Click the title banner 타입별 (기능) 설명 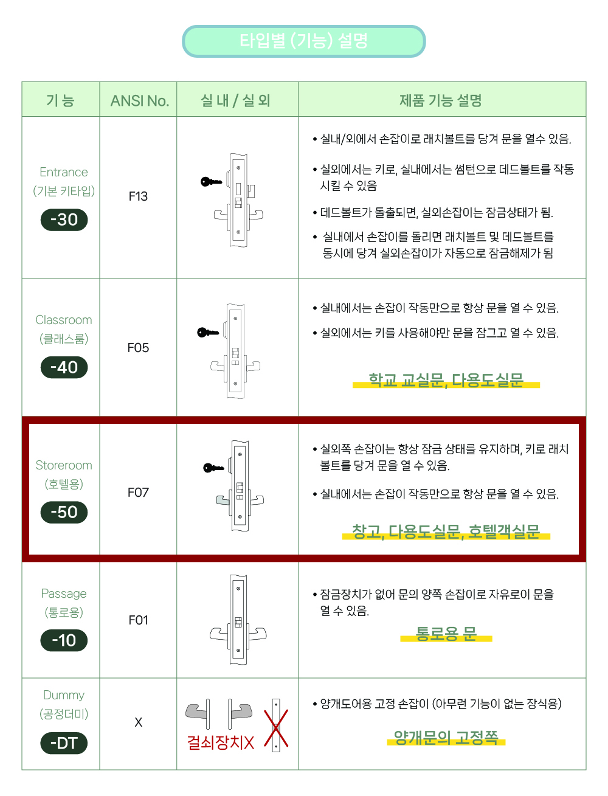point(303,41)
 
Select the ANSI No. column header point(140,101)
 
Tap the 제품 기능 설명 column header point(441,100)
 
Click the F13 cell point(138,196)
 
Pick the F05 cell point(138,348)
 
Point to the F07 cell point(138,493)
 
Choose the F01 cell point(138,620)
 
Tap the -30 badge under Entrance point(64,220)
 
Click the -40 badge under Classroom point(64,367)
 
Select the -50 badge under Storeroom point(64,512)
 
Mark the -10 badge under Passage point(64,640)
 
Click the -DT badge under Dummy point(64,743)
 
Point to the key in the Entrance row point(211,182)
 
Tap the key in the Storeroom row point(213,468)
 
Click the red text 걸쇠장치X point(221,742)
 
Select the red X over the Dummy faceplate point(276,728)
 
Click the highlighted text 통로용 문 point(446,634)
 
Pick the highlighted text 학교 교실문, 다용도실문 point(446,380)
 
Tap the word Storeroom point(64,465)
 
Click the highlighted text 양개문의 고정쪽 point(446,737)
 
